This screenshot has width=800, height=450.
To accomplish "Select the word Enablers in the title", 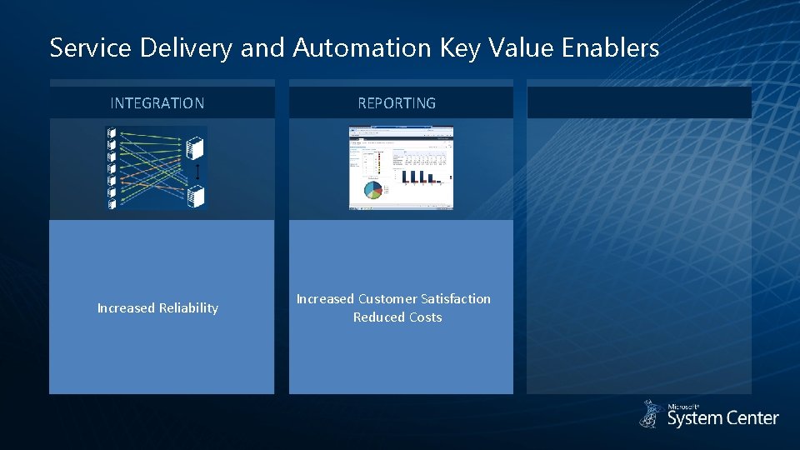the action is point(610,47).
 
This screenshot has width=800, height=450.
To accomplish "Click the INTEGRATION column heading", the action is point(157,103).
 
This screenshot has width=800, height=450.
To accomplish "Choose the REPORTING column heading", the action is point(397,103).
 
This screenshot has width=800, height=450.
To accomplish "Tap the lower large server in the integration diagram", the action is point(197,197).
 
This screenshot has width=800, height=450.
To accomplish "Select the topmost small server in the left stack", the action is point(112,132).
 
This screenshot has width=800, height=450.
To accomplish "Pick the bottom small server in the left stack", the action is point(112,202).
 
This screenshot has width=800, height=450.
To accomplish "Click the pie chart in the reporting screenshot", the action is point(372,190).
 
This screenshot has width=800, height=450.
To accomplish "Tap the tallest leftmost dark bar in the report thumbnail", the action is point(405,176).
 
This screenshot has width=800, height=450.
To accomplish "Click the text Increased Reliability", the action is point(157,308).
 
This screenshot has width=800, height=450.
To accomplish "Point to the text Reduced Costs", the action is point(397,317).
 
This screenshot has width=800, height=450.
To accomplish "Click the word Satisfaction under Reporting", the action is point(456,298).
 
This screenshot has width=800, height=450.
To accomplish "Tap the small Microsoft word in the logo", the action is point(683,407).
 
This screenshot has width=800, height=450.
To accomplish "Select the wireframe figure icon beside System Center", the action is point(651,414).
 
